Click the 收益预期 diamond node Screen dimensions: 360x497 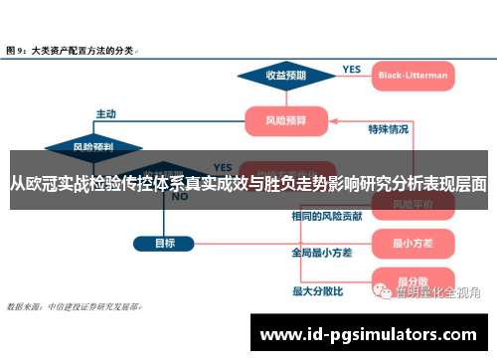[x=285, y=75]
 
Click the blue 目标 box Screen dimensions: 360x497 [x=165, y=242]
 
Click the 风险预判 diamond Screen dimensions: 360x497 [x=92, y=147]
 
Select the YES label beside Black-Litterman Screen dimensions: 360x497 [x=352, y=69]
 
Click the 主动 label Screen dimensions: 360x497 [x=106, y=112]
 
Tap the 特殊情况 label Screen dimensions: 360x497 [x=388, y=129]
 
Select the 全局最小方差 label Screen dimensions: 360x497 [x=322, y=253]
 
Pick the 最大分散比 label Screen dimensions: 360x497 [x=317, y=291]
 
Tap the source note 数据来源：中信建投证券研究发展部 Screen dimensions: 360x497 [x=74, y=306]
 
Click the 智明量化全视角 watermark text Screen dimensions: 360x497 [x=437, y=292]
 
